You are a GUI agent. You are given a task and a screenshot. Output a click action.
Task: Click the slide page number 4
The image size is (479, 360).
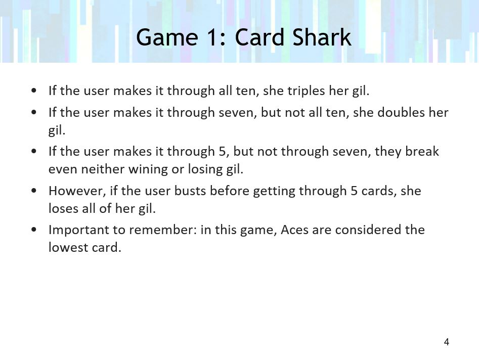[446, 342]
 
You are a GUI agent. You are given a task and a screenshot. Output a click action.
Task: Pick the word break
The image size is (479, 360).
[422, 151]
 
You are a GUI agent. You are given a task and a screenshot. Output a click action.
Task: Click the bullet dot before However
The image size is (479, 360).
[33, 191]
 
